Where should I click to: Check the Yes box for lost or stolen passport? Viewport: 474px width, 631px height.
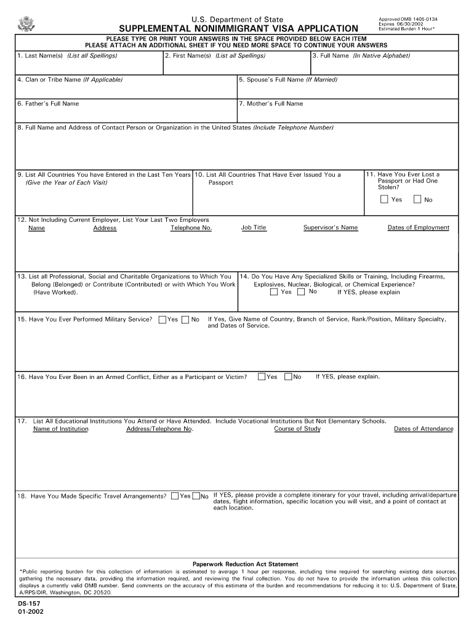tap(384, 199)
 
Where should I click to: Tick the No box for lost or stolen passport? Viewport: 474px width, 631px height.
tap(417, 199)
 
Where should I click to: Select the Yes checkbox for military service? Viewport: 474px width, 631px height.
tap(163, 319)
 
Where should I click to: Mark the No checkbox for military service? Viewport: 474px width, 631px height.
tap(185, 319)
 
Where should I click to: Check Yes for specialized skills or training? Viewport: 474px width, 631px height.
tap(274, 292)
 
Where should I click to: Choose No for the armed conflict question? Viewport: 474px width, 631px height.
tap(288, 377)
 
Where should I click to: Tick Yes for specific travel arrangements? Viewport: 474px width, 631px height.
tap(175, 495)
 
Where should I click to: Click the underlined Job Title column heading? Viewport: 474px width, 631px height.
tap(254, 227)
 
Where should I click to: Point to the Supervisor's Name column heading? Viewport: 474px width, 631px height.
tap(330, 227)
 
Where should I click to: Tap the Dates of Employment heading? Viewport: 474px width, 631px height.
tap(418, 227)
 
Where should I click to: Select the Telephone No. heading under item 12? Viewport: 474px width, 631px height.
tap(191, 228)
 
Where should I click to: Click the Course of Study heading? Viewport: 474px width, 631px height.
tap(297, 429)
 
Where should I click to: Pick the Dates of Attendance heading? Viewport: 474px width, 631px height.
tap(424, 429)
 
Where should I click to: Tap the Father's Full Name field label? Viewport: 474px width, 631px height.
tap(48, 104)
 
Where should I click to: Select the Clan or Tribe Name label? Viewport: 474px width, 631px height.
tap(70, 79)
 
